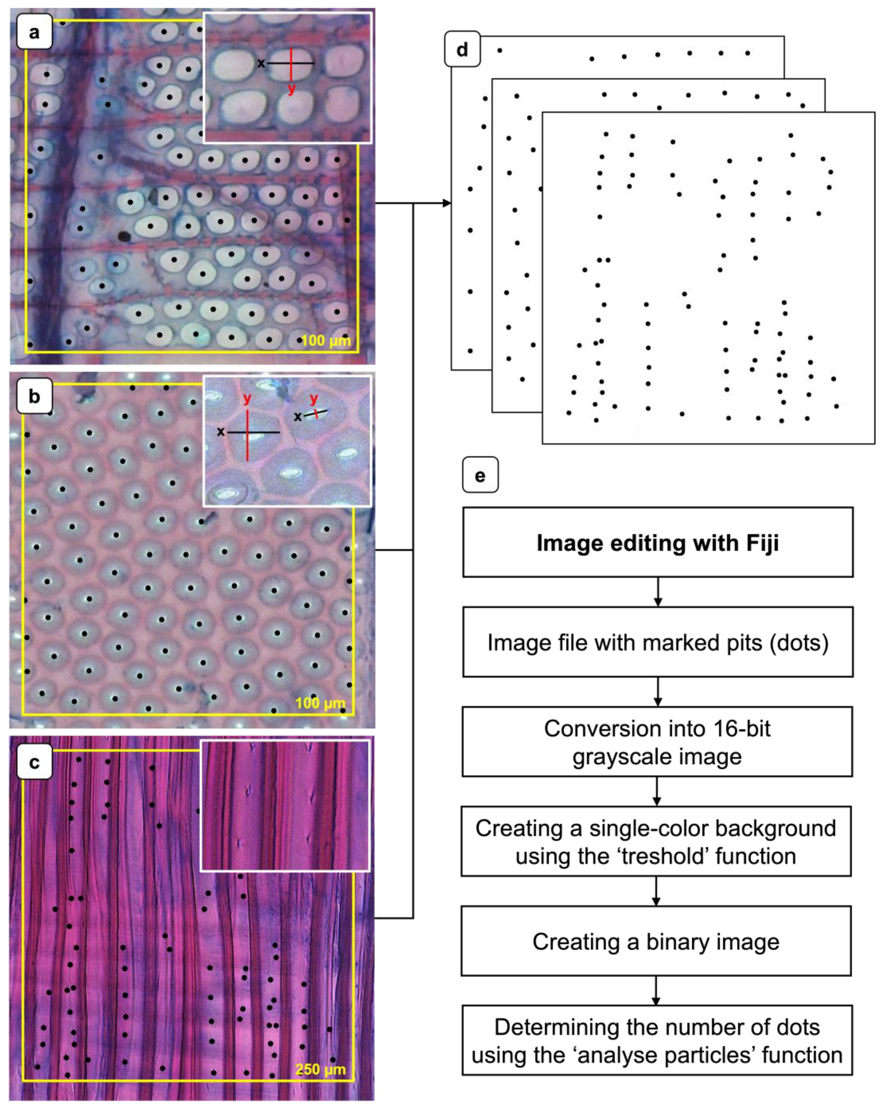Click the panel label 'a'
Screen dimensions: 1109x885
[34, 32]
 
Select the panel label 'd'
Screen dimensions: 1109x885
[462, 49]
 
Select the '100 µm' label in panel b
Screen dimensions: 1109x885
[320, 703]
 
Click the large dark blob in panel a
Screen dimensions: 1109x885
[124, 236]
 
